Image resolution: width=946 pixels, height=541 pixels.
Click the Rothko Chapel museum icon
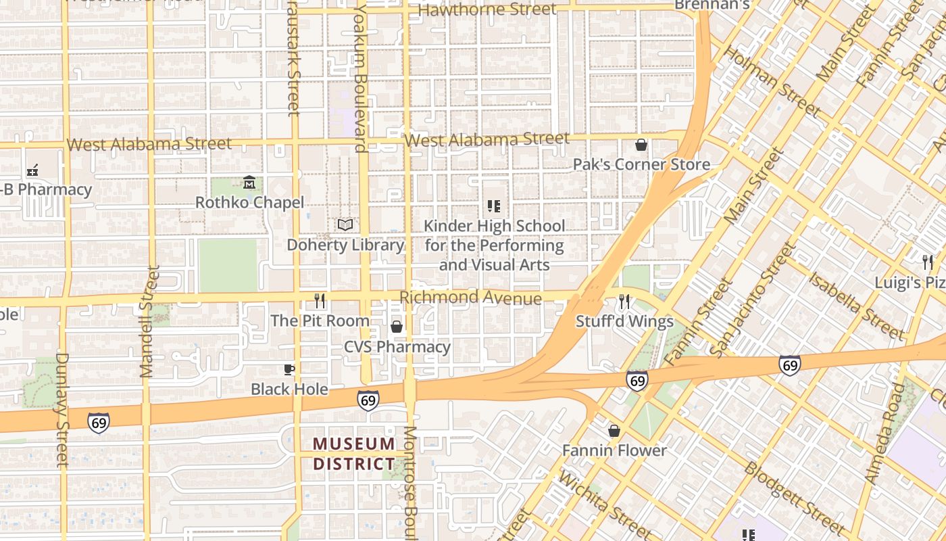(x=249, y=183)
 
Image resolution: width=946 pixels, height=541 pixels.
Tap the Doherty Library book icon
(x=345, y=225)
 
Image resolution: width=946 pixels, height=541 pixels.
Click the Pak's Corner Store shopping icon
(x=641, y=145)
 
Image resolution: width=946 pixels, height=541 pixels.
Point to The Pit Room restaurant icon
(x=320, y=300)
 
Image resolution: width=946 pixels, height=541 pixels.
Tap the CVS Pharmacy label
(x=397, y=347)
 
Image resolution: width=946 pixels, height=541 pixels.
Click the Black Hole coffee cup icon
(x=289, y=369)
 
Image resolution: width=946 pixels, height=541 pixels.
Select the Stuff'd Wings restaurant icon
(x=624, y=301)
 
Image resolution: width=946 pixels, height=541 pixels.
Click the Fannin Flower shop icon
(x=614, y=431)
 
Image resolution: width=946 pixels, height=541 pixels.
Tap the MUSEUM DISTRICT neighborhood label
(x=354, y=454)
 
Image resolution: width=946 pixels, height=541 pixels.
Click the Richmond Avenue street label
(x=470, y=298)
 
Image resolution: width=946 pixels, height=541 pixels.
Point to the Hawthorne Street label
(x=487, y=9)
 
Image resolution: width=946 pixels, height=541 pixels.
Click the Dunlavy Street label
(x=62, y=409)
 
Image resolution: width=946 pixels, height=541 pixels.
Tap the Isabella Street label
(x=855, y=305)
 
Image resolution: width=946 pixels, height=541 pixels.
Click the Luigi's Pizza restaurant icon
(x=928, y=262)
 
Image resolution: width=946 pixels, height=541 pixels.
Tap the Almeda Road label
(x=885, y=433)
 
